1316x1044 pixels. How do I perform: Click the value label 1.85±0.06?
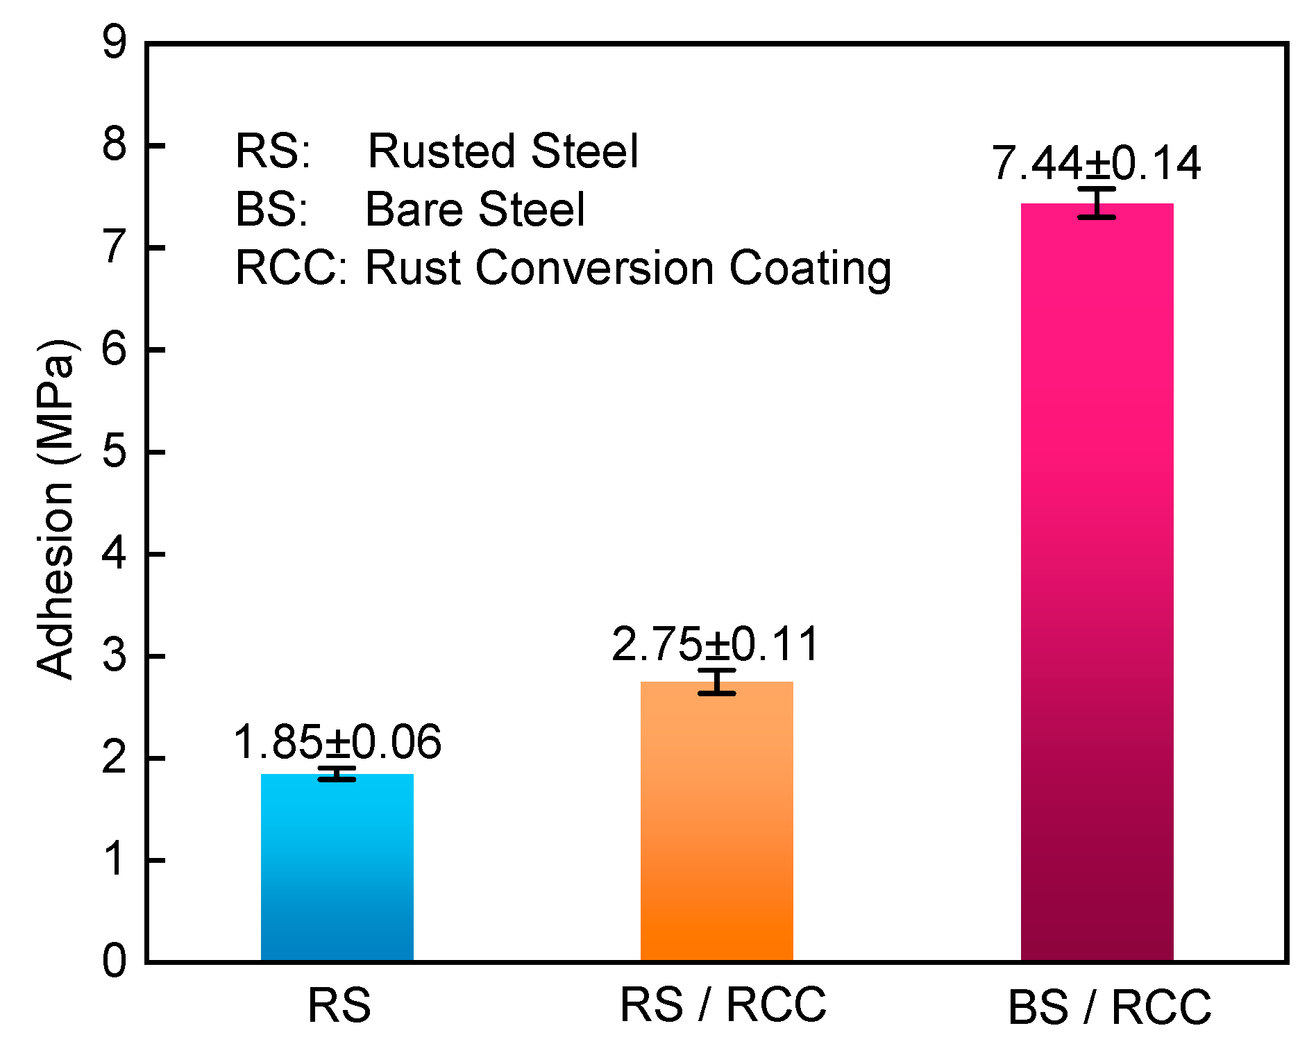337,742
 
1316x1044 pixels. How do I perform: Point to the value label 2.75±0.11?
716,644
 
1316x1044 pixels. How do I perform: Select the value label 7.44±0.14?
1096,164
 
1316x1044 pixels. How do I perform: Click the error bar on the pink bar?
1097,203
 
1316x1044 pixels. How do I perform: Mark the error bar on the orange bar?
716,682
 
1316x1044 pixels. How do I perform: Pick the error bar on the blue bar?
337,773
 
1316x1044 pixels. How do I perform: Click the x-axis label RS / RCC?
723,1004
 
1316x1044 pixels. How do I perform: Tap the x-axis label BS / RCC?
1109,1007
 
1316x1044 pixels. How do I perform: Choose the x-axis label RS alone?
339,1005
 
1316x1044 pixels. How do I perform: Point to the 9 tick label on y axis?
115,43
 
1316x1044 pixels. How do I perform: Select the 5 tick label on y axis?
115,452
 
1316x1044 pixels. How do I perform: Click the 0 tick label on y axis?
115,961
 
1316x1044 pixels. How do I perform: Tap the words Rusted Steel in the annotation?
503,151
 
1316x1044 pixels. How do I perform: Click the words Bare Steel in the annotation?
475,209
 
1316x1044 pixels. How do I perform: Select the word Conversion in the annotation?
594,268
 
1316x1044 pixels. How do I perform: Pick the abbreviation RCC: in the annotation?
291,268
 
